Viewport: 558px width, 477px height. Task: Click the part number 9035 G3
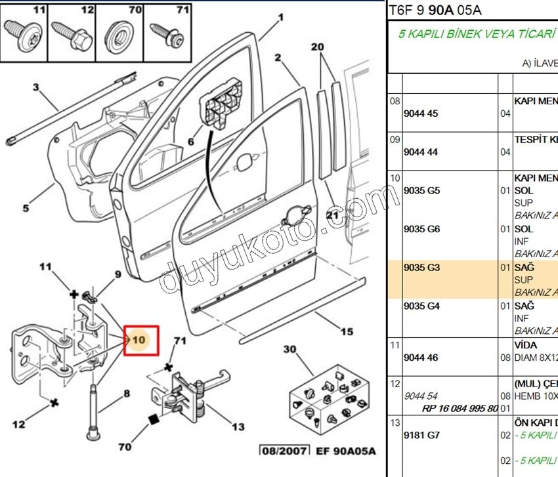tap(421, 268)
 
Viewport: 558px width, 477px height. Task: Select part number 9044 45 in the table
tap(421, 114)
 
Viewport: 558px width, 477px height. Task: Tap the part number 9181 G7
tap(421, 435)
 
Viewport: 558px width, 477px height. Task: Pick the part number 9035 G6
tap(421, 229)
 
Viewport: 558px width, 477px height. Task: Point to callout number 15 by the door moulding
tap(347, 331)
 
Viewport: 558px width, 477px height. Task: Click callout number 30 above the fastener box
tap(290, 349)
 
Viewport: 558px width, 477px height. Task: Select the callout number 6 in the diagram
tap(190, 141)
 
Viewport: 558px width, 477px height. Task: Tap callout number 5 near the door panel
tap(26, 209)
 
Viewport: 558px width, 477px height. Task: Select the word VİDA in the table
tap(526, 345)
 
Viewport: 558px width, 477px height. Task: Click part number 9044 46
tap(421, 358)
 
